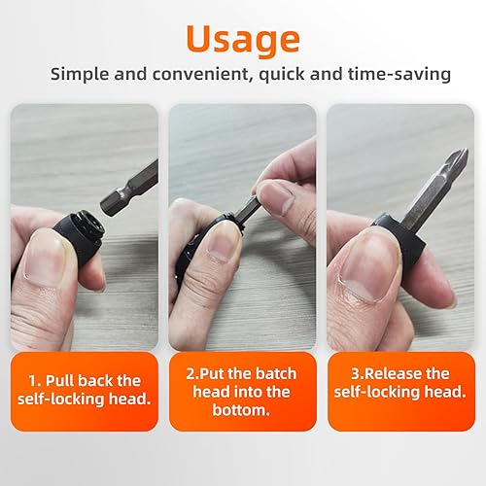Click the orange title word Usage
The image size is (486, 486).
tap(243, 39)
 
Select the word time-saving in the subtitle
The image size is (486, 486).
tap(399, 74)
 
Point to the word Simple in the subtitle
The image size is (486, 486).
tap(80, 75)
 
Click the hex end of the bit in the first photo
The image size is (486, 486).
tap(109, 205)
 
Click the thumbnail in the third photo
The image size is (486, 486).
tap(367, 265)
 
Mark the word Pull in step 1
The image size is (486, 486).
tap(60, 381)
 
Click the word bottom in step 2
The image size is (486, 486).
tap(241, 410)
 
